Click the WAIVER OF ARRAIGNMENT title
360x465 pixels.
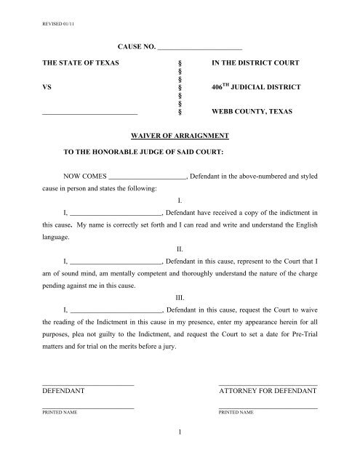tap(180, 136)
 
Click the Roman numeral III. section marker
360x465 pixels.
tap(180, 297)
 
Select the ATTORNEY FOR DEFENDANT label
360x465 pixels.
tap(268, 391)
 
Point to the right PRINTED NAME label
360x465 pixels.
tap(236, 413)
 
